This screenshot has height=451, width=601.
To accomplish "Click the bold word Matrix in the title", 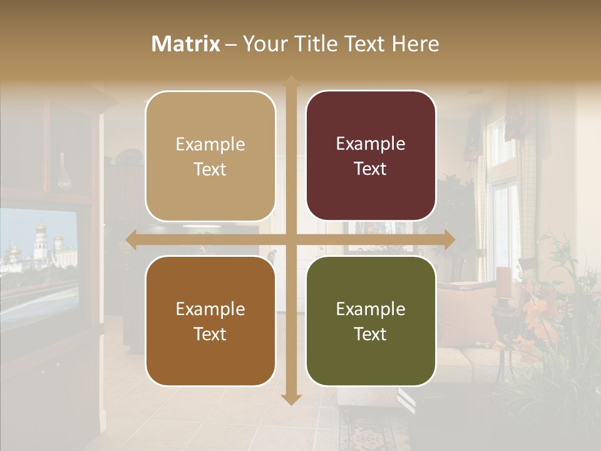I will (185, 44).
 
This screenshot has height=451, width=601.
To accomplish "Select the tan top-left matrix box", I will (210, 156).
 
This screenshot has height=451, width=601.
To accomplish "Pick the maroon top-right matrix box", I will (371, 156).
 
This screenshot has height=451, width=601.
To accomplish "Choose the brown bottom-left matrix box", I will (210, 321).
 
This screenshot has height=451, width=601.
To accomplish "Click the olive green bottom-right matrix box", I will (371, 321).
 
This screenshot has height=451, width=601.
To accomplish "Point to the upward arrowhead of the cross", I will (290, 81).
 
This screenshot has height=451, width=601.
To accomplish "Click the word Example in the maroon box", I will (371, 143).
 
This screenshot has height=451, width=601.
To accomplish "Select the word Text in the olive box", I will (371, 334).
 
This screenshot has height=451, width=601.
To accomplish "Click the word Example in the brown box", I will (210, 309).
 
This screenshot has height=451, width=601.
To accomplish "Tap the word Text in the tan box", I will (210, 169).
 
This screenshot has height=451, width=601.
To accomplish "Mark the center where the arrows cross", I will (290, 239).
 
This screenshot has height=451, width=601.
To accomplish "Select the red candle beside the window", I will (505, 282).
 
